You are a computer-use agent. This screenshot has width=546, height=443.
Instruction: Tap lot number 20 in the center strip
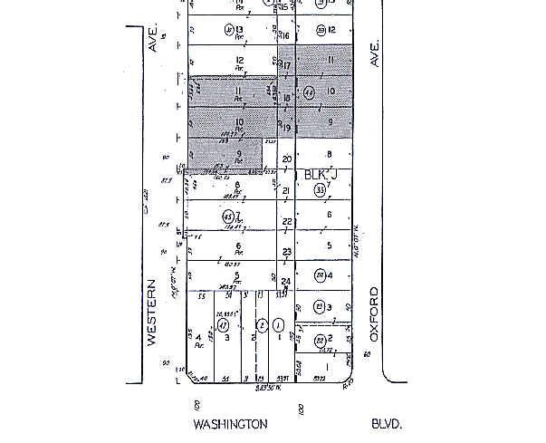[x=287, y=159]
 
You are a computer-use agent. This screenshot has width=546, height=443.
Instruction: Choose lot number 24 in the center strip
[x=286, y=282]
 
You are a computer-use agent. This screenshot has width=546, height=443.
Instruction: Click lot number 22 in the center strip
[x=287, y=221]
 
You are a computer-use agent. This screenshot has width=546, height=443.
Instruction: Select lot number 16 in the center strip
[x=285, y=35]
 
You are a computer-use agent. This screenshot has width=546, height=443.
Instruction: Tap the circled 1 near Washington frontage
[x=279, y=325]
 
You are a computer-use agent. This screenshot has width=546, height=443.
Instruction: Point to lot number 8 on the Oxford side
[x=330, y=154]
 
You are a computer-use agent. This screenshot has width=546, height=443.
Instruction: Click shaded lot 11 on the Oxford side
[x=331, y=60]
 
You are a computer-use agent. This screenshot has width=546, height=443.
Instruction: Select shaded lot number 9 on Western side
[x=239, y=153]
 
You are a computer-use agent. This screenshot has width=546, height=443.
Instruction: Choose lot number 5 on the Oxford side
[x=330, y=246]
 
